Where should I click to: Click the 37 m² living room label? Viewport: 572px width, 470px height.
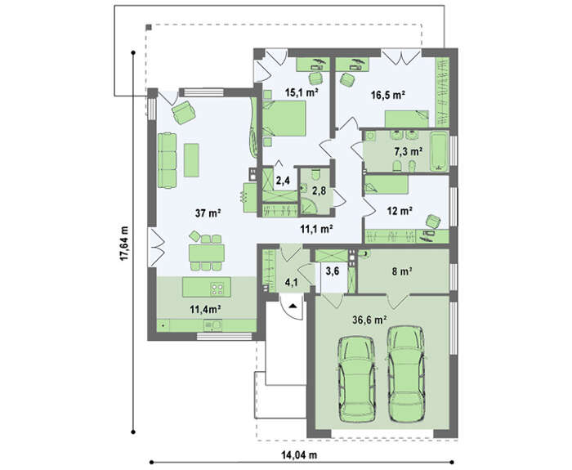208,213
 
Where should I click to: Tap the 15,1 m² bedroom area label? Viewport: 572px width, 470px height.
302,92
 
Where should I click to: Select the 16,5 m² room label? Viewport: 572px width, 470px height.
388,95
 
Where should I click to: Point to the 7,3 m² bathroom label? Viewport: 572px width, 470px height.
409,150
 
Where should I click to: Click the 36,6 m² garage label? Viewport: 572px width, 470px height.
369,320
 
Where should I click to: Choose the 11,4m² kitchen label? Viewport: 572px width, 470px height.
205,310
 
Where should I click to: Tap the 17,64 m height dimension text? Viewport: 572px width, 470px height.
124,243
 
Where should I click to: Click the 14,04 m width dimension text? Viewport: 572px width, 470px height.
299,455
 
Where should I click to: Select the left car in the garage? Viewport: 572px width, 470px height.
357,379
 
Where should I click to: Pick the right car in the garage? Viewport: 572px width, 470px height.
406,374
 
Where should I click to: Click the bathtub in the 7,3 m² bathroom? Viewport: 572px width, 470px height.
439,151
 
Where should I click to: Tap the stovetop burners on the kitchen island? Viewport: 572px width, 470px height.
217,289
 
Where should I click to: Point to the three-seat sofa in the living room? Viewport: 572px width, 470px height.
167,160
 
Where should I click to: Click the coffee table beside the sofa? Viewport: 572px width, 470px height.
191,160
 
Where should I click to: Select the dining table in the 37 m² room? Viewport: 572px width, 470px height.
207,253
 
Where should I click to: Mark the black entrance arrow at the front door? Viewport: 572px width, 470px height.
293,306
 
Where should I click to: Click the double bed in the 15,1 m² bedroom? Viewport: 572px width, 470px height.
284,119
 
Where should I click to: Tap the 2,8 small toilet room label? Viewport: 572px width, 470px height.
319,190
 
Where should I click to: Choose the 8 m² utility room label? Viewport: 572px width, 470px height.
402,271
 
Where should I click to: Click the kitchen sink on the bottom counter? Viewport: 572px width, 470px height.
212,325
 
